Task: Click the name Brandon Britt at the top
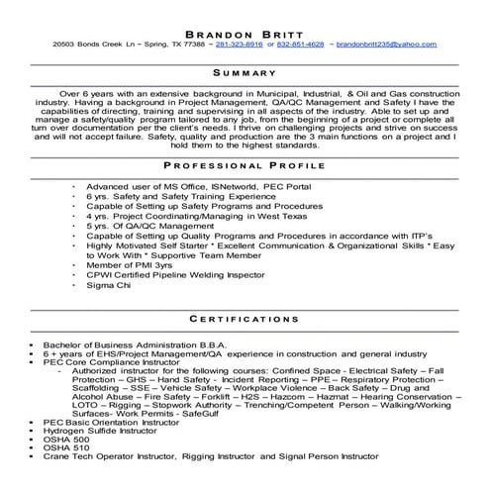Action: [x=245, y=29]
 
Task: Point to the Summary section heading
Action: [x=245, y=73]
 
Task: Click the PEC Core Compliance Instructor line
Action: [x=110, y=362]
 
